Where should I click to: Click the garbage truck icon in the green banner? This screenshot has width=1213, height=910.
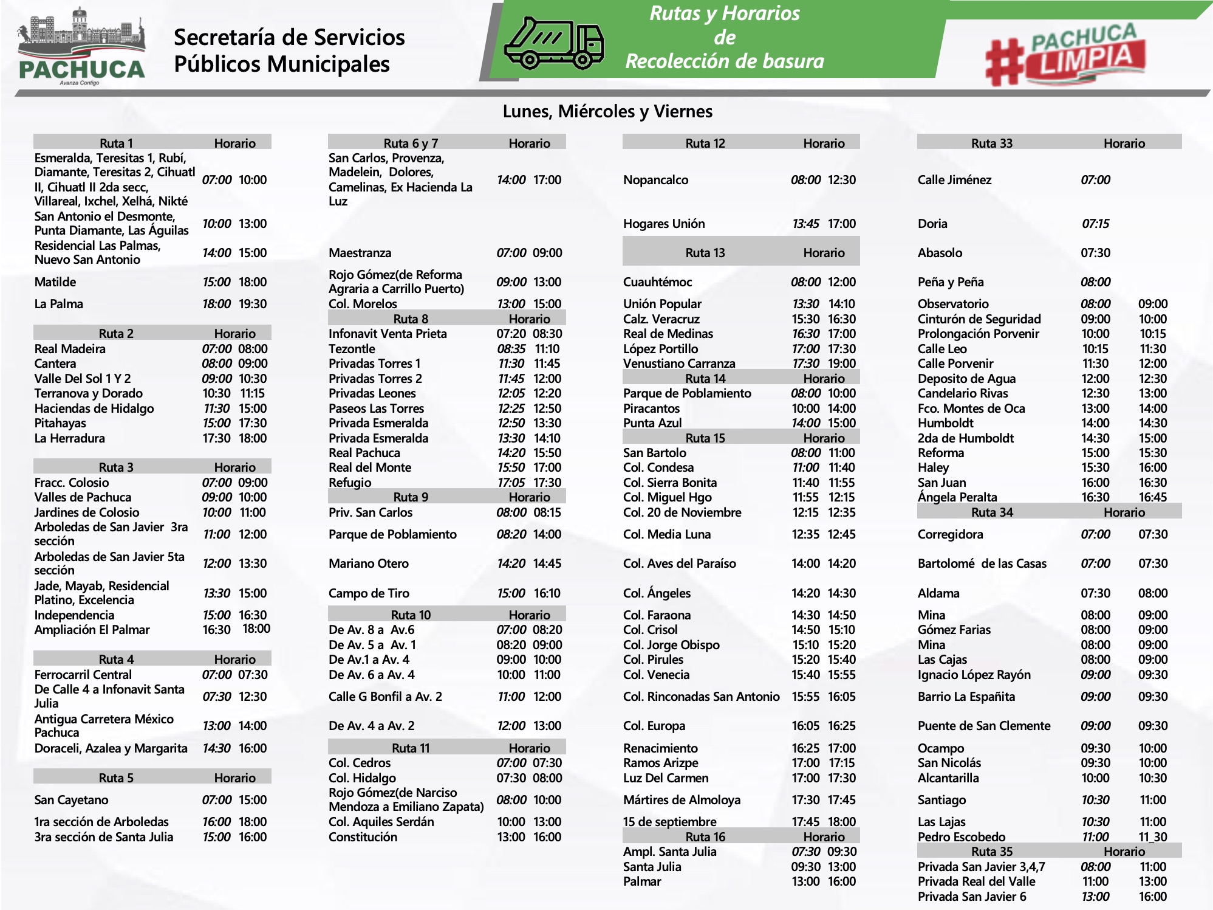pyautogui.click(x=554, y=42)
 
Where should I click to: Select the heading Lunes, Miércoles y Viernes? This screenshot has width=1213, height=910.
pyautogui.click(x=607, y=111)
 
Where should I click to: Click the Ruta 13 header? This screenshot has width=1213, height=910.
pyautogui.click(x=705, y=253)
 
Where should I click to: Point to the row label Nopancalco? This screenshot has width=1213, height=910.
pyautogui.click(x=655, y=180)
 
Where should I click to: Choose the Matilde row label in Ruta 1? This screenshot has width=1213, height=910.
pyautogui.click(x=55, y=282)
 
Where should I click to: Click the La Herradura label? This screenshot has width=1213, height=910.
pyautogui.click(x=69, y=438)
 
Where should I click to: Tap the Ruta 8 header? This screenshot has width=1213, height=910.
pyautogui.click(x=411, y=319)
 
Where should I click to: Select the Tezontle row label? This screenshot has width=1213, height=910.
pyautogui.click(x=352, y=349)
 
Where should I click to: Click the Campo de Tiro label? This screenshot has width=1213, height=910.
pyautogui.click(x=369, y=593)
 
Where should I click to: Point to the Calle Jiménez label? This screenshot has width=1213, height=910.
pyautogui.click(x=954, y=180)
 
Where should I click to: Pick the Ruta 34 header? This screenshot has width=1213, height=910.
pyautogui.click(x=992, y=512)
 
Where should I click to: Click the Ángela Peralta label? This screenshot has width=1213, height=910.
pyautogui.click(x=957, y=497)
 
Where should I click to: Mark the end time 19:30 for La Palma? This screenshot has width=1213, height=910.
pyautogui.click(x=253, y=304)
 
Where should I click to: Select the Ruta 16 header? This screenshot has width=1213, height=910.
pyautogui.click(x=705, y=837)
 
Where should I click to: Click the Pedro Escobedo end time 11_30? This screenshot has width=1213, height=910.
pyautogui.click(x=1152, y=837)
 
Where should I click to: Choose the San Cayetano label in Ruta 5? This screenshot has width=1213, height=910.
pyautogui.click(x=71, y=800)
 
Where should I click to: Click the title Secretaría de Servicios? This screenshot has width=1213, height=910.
pyautogui.click(x=289, y=38)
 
